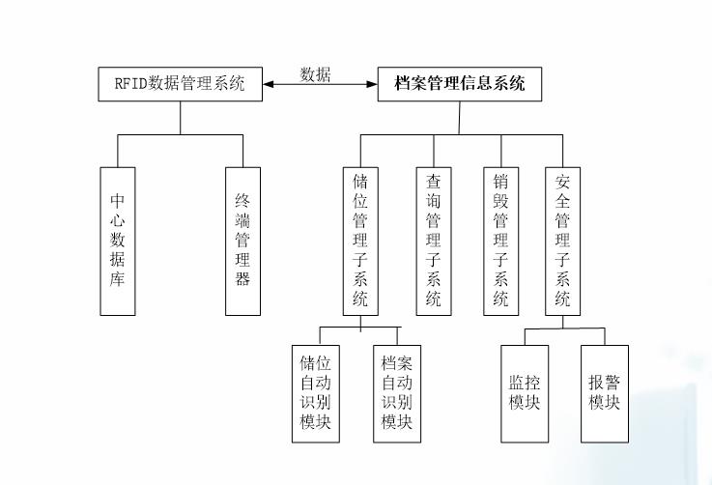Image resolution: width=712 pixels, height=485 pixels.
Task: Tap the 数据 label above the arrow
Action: tap(316, 74)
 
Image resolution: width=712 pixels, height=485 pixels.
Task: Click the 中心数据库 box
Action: tap(118, 240)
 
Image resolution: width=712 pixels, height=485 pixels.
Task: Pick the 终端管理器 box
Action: tap(242, 240)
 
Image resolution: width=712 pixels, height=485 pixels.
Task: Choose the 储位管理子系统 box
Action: tap(360, 240)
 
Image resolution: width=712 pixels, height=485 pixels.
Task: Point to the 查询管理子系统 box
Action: tap(434, 240)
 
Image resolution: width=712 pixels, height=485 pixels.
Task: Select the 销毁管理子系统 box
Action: tap(500, 240)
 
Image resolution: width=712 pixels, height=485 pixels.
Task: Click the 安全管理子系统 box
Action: tap(563, 240)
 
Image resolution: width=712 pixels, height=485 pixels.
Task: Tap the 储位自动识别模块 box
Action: tap(316, 393)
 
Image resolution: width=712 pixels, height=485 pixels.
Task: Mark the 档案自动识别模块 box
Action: tap(397, 393)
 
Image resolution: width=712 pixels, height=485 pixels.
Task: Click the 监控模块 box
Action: tap(525, 391)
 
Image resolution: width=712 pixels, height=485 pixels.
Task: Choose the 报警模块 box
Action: tap(605, 391)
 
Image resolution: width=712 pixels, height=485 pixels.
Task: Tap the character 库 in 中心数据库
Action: tap(118, 279)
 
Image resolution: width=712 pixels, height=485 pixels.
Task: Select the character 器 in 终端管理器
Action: tap(242, 279)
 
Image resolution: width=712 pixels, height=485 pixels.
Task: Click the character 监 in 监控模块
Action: tap(517, 382)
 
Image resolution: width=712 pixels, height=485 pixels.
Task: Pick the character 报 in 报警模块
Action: tap(597, 382)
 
